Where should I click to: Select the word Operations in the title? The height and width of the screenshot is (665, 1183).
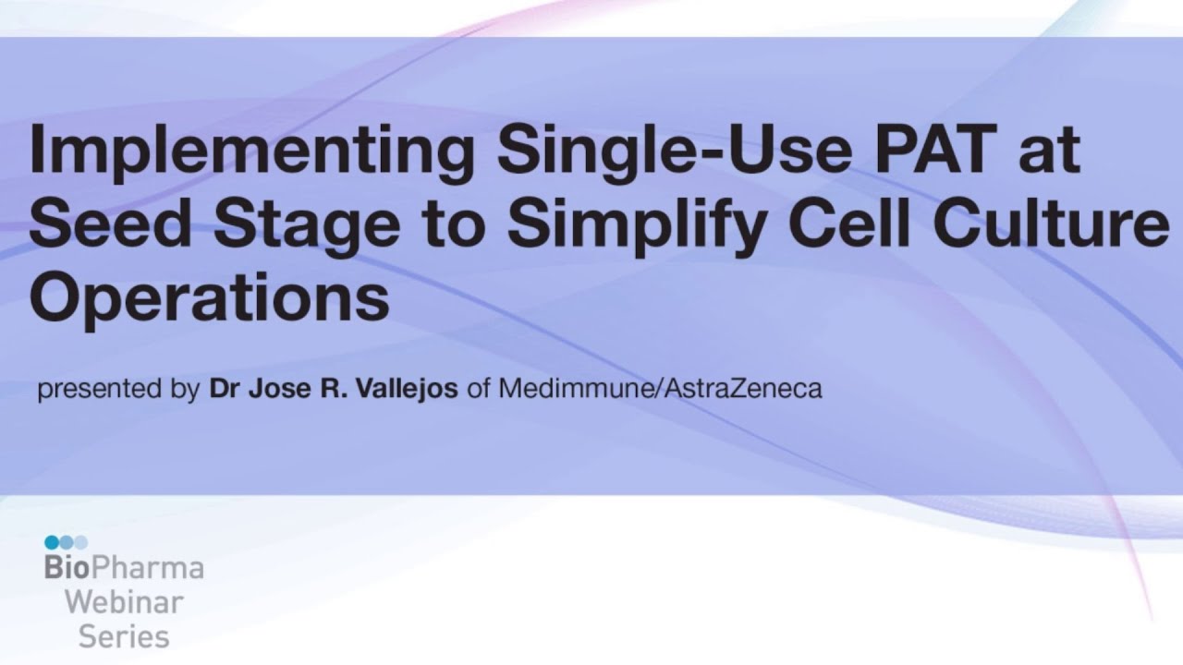pyautogui.click(x=209, y=297)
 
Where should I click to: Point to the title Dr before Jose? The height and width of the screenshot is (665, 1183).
pyautogui.click(x=226, y=388)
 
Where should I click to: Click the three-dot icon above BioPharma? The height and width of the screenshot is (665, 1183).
pyautogui.click(x=66, y=542)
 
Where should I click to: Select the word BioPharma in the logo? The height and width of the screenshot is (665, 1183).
pyautogui.click(x=124, y=567)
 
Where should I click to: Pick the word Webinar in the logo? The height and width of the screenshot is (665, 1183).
pyautogui.click(x=124, y=602)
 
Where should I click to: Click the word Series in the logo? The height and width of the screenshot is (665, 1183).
pyautogui.click(x=124, y=636)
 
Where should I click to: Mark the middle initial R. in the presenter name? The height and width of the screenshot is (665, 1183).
pyautogui.click(x=329, y=388)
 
